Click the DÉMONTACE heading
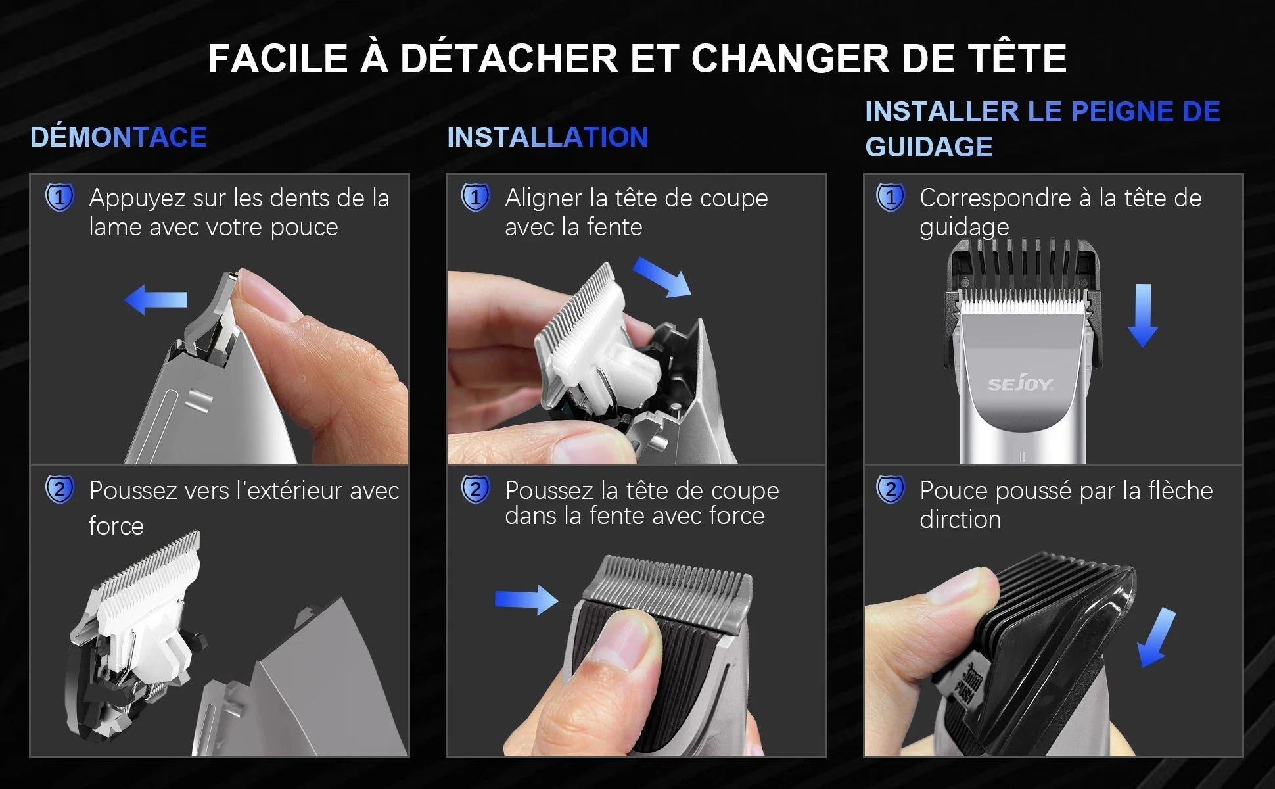[x=118, y=137]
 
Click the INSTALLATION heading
[x=547, y=137]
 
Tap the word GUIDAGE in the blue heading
[x=928, y=147]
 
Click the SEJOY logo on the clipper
[x=1021, y=384]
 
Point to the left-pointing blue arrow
[x=156, y=300]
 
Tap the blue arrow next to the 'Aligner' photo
[x=662, y=277]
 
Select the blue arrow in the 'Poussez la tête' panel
[x=526, y=600]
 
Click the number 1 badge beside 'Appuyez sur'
[x=59, y=198]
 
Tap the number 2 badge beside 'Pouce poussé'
[x=890, y=490]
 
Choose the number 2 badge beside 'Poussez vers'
[x=59, y=490]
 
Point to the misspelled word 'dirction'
[x=960, y=520]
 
